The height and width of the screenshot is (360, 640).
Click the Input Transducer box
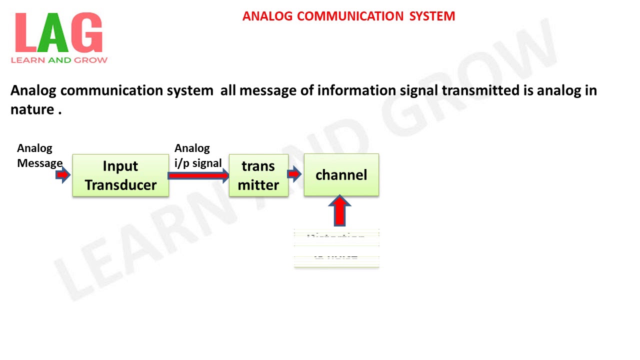pyautogui.click(x=120, y=175)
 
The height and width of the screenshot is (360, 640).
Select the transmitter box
pyautogui.click(x=258, y=175)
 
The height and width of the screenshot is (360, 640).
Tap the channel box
pyautogui.click(x=341, y=175)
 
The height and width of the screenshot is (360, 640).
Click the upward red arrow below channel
pyautogui.click(x=339, y=211)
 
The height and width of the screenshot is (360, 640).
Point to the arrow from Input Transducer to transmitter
pyautogui.click(x=198, y=175)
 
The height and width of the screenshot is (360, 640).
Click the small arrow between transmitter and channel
pyautogui.click(x=294, y=174)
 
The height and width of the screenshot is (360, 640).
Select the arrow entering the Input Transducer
pyautogui.click(x=63, y=175)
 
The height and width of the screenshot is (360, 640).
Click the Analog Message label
pyautogui.click(x=39, y=155)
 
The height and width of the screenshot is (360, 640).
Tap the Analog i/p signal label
pyautogui.click(x=197, y=155)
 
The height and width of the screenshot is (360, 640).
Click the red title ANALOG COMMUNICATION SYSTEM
pyautogui.click(x=348, y=16)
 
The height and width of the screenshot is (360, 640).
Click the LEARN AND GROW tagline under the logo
pyautogui.click(x=59, y=60)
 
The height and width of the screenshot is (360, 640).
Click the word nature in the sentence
pyautogui.click(x=31, y=109)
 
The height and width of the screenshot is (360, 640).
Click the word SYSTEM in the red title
pyautogui.click(x=432, y=16)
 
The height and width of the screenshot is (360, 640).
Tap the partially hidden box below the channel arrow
pyautogui.click(x=336, y=249)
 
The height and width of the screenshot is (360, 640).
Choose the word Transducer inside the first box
pyautogui.click(x=120, y=185)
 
